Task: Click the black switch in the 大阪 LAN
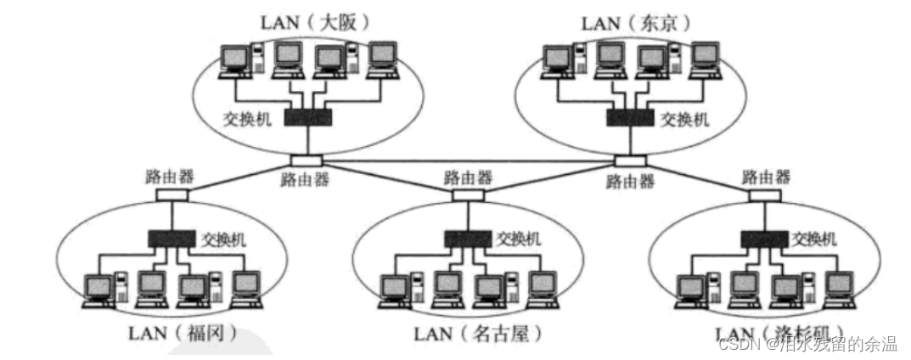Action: (308, 118)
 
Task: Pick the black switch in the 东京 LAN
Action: (631, 118)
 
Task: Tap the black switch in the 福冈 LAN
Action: (172, 239)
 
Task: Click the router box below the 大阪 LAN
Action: (305, 160)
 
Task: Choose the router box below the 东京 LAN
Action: (630, 160)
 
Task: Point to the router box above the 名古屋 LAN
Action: (468, 194)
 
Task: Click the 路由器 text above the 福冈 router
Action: (170, 177)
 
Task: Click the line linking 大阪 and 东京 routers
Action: (467, 160)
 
